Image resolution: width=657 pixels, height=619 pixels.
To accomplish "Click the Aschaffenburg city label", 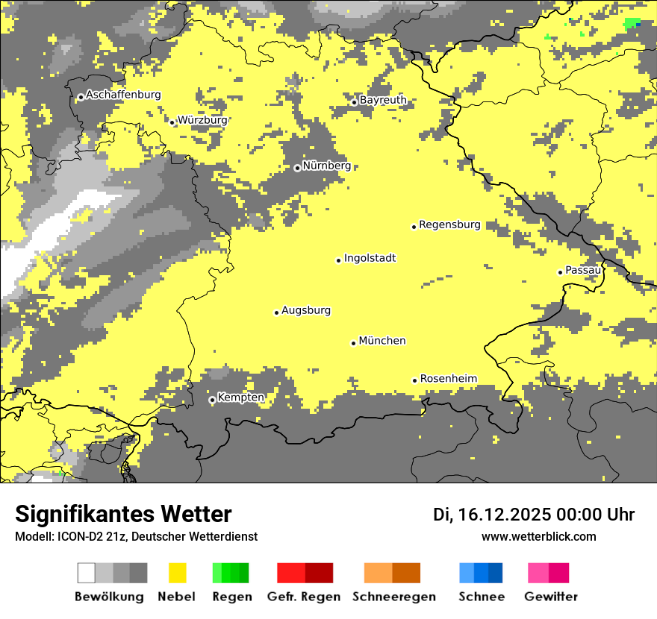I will point(123,95).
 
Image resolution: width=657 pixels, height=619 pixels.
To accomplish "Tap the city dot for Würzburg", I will point(172,122).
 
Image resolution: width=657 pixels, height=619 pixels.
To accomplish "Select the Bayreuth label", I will point(383,100).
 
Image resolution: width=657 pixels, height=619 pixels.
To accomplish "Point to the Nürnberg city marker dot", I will point(297,168).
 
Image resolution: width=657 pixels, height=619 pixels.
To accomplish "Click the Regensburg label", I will point(449,224).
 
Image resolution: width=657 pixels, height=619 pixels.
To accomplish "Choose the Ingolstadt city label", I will point(370,258).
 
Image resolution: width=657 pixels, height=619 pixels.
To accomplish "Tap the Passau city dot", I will point(560,272).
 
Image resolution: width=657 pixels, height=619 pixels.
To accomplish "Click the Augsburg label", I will point(306,310).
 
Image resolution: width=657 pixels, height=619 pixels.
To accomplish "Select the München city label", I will point(382,341).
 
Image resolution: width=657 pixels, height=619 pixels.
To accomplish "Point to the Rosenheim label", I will point(448,379).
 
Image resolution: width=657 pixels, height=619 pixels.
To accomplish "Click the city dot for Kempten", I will point(212,400).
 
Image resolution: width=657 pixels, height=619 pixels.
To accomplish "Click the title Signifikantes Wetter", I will point(123,514).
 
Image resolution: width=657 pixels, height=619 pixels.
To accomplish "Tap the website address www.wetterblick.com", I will point(538,536).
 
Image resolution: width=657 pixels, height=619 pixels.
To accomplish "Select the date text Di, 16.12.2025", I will point(491,515).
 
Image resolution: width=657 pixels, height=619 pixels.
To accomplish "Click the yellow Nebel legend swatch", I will point(177,573).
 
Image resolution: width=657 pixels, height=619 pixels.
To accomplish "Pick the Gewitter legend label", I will point(551,597).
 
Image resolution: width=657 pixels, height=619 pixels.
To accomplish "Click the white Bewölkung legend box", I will point(87,573).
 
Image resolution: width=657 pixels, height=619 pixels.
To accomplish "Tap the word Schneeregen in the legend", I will point(394,597).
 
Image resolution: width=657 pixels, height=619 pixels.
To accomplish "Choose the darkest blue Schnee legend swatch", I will point(495,573).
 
